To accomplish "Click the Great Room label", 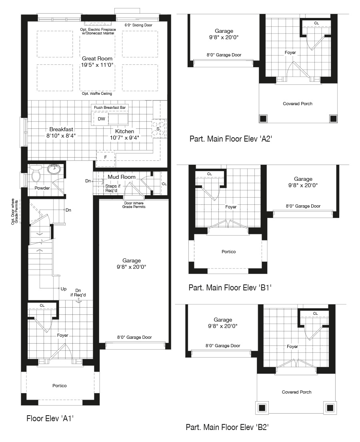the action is [x=97, y=58].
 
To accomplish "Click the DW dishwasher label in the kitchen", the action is [x=102, y=119].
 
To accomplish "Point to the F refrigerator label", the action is [x=106, y=157].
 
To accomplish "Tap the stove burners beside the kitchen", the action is [x=159, y=129].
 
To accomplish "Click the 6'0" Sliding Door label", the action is [x=138, y=25].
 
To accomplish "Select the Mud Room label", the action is [x=122, y=177].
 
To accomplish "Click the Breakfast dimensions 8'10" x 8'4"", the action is [x=61, y=136].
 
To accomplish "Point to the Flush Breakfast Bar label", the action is [x=110, y=107].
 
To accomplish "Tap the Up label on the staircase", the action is [x=64, y=289].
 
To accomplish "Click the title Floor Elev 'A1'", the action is [x=50, y=418].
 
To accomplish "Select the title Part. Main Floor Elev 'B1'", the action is [x=230, y=288].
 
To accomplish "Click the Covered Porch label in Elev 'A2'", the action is [x=298, y=104].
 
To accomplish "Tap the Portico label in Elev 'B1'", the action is [x=229, y=252].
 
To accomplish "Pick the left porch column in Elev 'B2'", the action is [x=262, y=408].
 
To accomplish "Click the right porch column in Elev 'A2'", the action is [x=333, y=118].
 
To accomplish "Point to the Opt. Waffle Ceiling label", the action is [x=97, y=94].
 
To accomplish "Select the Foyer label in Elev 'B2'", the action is [x=292, y=346].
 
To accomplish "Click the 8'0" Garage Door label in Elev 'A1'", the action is [x=134, y=337].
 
